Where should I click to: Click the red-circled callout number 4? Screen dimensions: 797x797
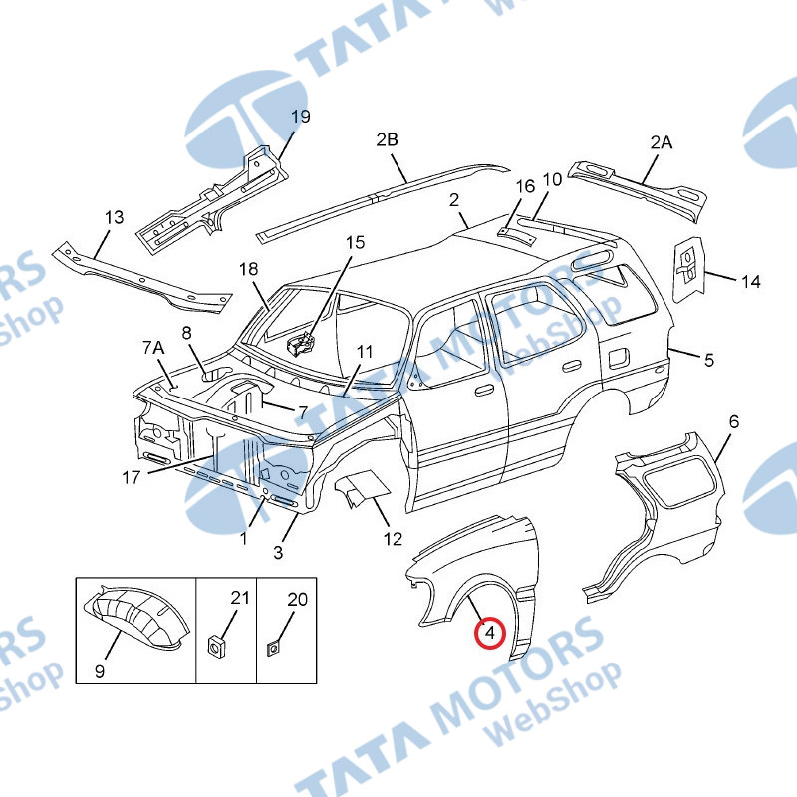point(489,632)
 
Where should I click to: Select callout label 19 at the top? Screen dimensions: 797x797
point(300,117)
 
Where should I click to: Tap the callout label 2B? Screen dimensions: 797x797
point(387,140)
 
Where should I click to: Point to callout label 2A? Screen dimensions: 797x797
point(662,142)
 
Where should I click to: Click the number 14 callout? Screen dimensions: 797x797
point(750,282)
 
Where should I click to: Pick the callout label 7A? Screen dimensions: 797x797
point(152,347)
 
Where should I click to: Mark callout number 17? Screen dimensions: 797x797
point(132,477)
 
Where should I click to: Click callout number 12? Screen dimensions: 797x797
point(393,539)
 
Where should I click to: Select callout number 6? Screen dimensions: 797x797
point(733,422)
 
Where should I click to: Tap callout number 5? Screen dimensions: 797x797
point(708,360)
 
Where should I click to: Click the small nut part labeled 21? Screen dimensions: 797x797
point(214,645)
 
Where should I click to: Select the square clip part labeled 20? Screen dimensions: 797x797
point(272,649)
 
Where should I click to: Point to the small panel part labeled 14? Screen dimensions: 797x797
point(686,267)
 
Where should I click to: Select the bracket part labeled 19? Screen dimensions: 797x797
point(214,199)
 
